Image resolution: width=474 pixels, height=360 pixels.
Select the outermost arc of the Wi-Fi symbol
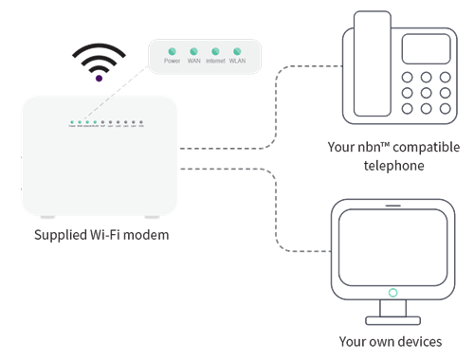pyautogui.click(x=100, y=45)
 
